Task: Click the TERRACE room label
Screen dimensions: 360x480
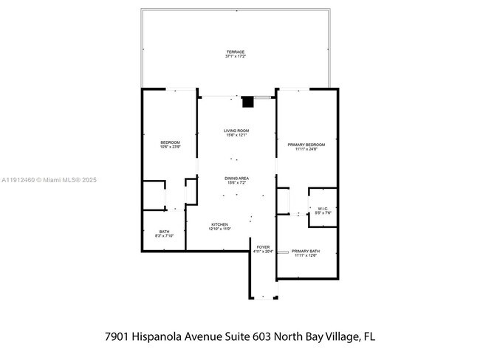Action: [236, 52]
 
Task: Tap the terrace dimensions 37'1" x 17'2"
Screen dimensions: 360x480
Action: [236, 56]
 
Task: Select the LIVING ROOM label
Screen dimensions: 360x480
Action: [236, 131]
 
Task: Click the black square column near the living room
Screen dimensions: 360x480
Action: [247, 102]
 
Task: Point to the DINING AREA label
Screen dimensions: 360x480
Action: [236, 178]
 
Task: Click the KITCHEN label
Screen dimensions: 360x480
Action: [220, 224]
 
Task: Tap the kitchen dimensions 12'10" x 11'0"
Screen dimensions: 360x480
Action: [220, 229]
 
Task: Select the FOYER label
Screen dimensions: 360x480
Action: [263, 248]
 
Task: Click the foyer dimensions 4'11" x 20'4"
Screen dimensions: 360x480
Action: [263, 252]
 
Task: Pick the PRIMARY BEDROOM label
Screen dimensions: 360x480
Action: [306, 145]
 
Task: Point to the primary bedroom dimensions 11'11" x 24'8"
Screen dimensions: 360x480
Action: [306, 149]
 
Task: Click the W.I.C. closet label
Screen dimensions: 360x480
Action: [323, 209]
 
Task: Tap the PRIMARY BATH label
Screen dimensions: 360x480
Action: [306, 252]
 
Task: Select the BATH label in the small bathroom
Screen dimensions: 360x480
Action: [164, 232]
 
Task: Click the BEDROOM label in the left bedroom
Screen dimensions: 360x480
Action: [170, 142]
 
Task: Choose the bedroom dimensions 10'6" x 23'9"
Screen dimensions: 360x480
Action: [170, 146]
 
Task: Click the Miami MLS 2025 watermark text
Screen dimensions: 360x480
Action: [49, 180]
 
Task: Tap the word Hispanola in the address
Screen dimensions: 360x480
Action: [171, 336]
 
